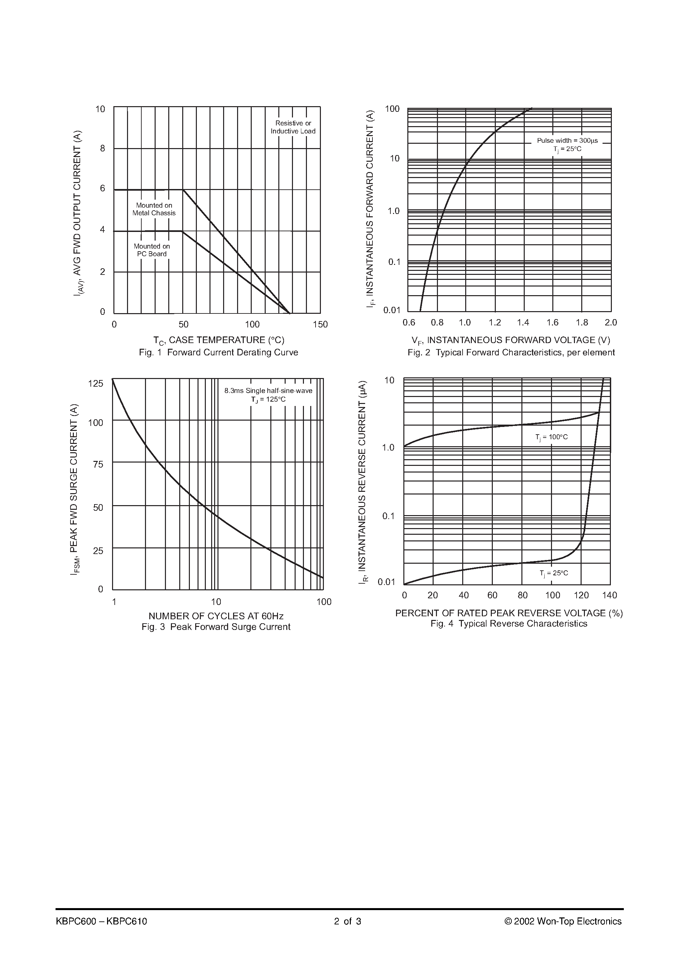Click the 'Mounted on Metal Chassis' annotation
(x=154, y=209)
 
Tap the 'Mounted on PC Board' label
(x=152, y=250)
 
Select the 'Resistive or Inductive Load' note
(x=293, y=127)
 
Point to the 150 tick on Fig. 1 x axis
(x=320, y=325)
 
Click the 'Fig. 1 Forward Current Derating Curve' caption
(x=218, y=353)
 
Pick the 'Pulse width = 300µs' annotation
(x=567, y=141)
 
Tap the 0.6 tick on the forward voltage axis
(x=409, y=322)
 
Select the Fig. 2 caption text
(x=511, y=353)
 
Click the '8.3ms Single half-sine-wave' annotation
(x=268, y=391)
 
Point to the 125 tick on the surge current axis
(x=96, y=384)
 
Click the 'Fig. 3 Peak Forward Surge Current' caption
(x=216, y=627)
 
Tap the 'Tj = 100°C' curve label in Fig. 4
(x=551, y=437)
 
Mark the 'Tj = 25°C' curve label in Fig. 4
(x=554, y=573)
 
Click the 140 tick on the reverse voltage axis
(x=610, y=595)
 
